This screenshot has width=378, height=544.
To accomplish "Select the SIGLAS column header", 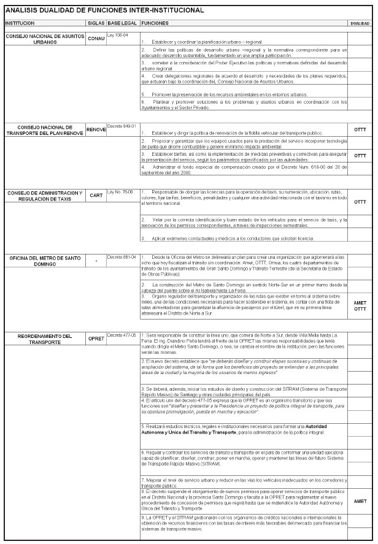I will click(x=96, y=23).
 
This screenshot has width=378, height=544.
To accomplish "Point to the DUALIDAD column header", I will click(x=360, y=23).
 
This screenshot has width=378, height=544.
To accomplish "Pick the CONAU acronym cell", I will click(x=96, y=39).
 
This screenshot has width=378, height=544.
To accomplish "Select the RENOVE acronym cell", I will click(x=96, y=130).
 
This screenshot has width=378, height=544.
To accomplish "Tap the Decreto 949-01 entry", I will click(x=121, y=126).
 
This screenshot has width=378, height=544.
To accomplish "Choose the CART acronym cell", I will click(x=96, y=196).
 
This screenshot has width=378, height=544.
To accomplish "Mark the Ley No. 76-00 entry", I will click(x=120, y=191).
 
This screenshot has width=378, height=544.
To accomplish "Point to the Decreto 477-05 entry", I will click(x=121, y=335).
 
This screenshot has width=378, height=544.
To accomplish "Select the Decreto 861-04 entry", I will click(x=121, y=257).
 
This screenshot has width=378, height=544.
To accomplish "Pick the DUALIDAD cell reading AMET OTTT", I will click(x=360, y=305).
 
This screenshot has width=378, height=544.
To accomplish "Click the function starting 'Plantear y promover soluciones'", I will click(x=244, y=105).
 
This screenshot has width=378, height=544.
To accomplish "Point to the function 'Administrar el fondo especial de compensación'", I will click(x=244, y=169).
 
